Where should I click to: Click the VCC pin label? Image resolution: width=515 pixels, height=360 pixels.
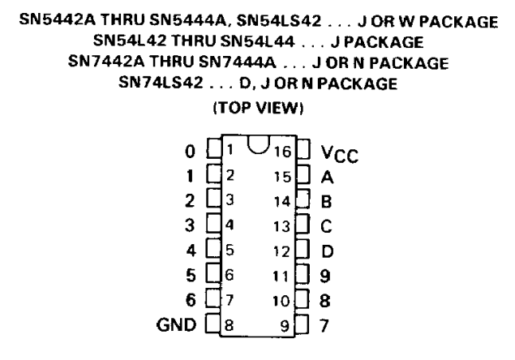(340, 154)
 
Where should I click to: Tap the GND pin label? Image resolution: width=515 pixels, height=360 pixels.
(176, 325)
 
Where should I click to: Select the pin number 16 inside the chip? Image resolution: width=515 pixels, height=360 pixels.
(282, 152)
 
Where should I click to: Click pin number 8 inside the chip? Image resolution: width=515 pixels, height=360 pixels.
(230, 325)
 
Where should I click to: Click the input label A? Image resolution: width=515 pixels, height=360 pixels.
(327, 178)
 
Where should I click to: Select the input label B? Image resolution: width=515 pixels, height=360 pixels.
(326, 201)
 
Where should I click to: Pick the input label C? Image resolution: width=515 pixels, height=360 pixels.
(326, 226)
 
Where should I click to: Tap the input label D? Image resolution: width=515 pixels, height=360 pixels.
(327, 251)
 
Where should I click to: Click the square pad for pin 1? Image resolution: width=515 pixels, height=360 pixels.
(214, 148)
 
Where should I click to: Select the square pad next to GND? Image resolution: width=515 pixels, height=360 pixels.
(212, 324)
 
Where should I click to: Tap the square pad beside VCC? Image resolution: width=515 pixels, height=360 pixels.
(303, 149)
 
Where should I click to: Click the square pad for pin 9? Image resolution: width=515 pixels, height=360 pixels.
(302, 324)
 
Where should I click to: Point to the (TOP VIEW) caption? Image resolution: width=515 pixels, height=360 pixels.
(258, 108)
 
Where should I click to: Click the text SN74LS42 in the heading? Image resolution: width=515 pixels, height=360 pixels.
(161, 83)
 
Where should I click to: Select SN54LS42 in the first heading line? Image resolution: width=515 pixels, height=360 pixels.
(278, 21)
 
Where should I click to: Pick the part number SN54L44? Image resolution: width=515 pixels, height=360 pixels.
(258, 41)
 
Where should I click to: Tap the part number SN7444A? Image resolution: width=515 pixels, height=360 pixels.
(237, 62)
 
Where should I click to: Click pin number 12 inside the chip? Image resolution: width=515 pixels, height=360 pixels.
(281, 251)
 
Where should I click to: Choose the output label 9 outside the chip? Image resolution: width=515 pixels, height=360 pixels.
(325, 276)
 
